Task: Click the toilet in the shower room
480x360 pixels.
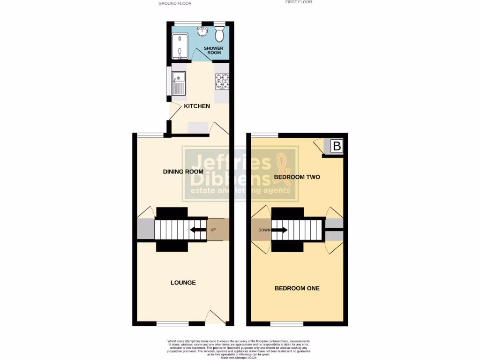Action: coord(219,34)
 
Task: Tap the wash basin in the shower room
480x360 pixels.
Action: coord(203,31)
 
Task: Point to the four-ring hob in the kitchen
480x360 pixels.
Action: coord(222,82)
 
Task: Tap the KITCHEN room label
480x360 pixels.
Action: coord(197,106)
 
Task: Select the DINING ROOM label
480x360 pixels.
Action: coord(183,172)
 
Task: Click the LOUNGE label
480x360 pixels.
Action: coord(183,283)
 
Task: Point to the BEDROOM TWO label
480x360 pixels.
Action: coord(297,177)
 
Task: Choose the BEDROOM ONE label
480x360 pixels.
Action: coord(297,288)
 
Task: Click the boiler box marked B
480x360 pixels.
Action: coord(337,147)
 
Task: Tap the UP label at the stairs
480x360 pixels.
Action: coord(213,230)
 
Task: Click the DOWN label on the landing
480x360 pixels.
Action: coord(264,230)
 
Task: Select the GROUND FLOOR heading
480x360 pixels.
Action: coord(175,3)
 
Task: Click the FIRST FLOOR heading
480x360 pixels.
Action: coord(299,2)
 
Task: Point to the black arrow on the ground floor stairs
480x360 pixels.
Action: coord(198,230)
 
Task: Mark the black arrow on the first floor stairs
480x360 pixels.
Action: coord(280,230)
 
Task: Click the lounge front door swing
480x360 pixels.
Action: coord(217,317)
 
